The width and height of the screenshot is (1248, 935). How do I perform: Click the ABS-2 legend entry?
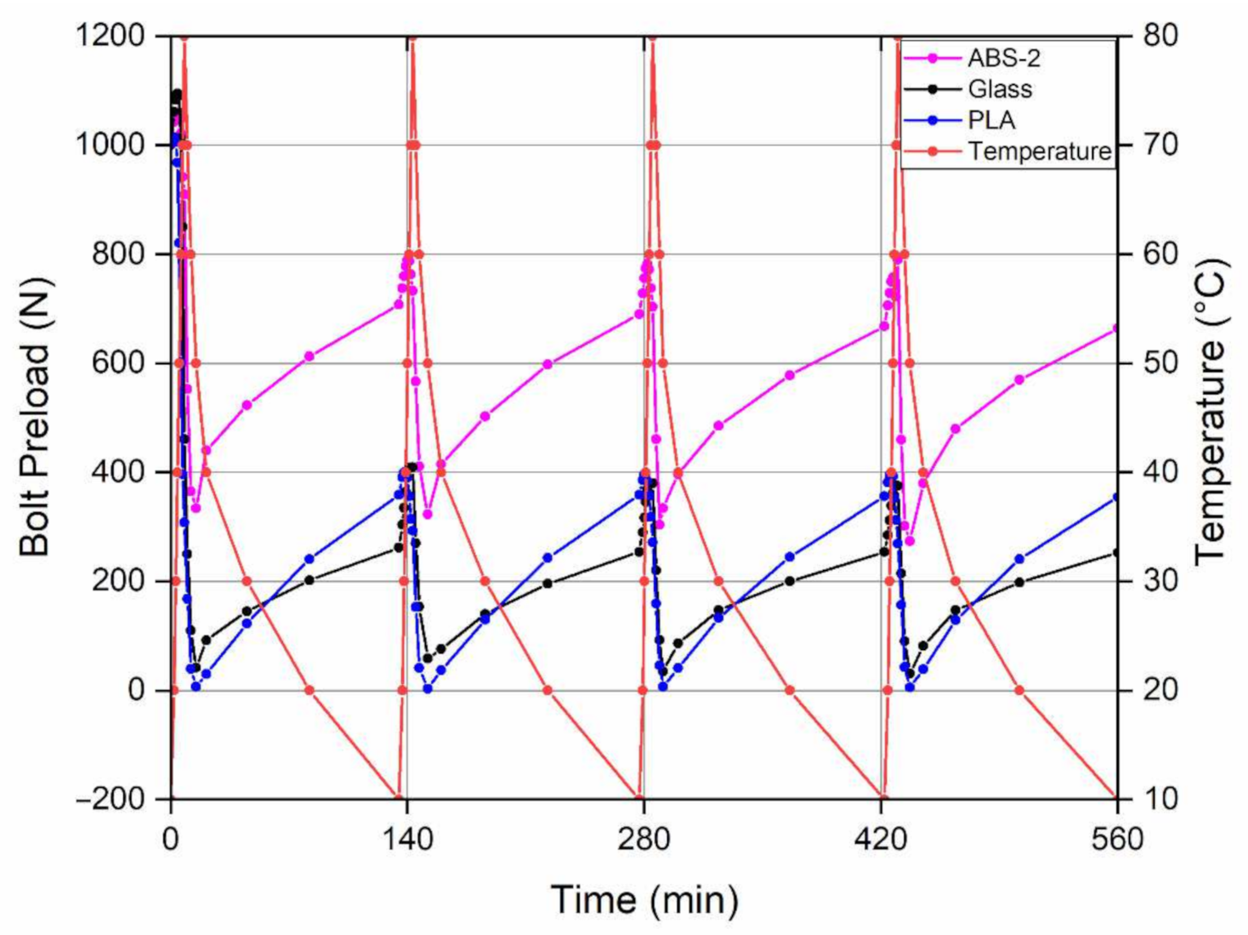point(1003,58)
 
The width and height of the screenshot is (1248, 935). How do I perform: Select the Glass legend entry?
point(1000,89)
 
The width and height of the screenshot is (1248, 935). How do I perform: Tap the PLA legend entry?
point(991,120)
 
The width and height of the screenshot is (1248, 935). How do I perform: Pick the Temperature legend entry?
point(1039,151)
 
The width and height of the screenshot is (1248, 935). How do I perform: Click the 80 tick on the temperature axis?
point(1160,36)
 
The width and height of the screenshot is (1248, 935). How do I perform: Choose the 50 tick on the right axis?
point(1160,363)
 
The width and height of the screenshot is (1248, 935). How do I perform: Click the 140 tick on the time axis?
point(407,841)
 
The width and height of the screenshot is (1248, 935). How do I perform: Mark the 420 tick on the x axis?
point(881,841)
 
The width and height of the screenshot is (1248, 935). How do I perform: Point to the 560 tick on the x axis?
point(1116,841)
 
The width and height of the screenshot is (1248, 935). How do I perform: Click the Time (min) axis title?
point(644,900)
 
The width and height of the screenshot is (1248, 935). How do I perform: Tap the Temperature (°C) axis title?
point(1211,411)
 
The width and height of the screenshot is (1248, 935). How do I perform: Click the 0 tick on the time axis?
point(171,841)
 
